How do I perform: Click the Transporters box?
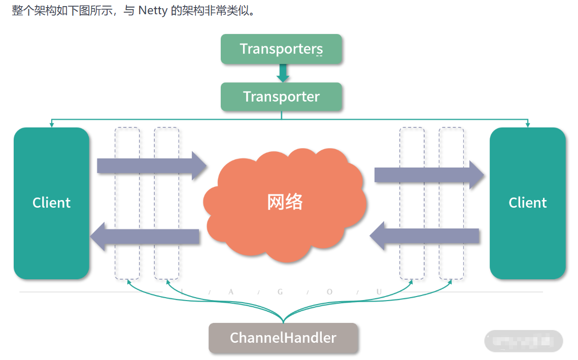click(281, 49)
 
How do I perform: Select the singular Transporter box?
click(281, 96)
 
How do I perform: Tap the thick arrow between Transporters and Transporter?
click(283, 73)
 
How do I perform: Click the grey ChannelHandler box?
click(283, 338)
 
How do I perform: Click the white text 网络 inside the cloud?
click(285, 202)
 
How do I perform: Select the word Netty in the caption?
click(153, 11)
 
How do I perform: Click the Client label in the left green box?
click(51, 203)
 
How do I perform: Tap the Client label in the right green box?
click(527, 203)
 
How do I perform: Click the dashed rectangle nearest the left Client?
click(127, 203)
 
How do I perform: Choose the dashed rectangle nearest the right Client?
click(451, 203)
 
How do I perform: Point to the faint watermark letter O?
click(329, 291)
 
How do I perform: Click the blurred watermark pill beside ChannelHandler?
click(523, 341)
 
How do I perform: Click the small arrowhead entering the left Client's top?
click(51, 124)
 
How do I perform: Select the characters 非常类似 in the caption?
click(227, 11)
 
